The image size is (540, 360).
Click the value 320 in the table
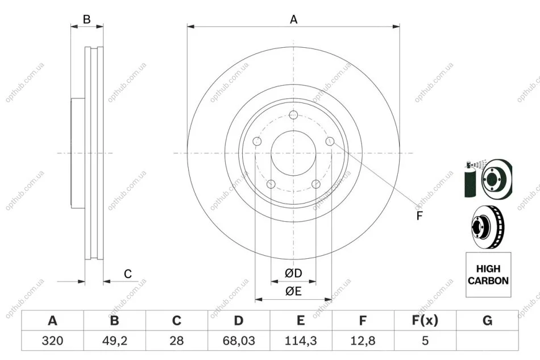point(52,341)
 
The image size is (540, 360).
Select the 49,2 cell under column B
point(115,341)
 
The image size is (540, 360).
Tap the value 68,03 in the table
point(239,341)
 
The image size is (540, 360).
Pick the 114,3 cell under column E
point(301,341)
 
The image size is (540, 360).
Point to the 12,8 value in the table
point(363,341)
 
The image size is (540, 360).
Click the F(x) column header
point(425,321)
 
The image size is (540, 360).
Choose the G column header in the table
point(487,321)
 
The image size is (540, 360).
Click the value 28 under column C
point(177,341)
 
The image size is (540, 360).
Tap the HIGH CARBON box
point(488,275)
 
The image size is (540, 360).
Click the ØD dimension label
point(293,273)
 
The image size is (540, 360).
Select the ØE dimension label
point(293,291)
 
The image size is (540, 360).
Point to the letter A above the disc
point(293,19)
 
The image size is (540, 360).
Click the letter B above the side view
point(87,19)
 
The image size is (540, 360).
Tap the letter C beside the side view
point(128,274)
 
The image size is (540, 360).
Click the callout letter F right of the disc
point(419,216)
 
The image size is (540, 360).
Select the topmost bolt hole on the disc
point(293,115)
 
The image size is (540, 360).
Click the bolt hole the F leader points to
point(330,141)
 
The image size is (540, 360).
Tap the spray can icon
point(470,179)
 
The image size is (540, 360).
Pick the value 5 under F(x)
point(425,341)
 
